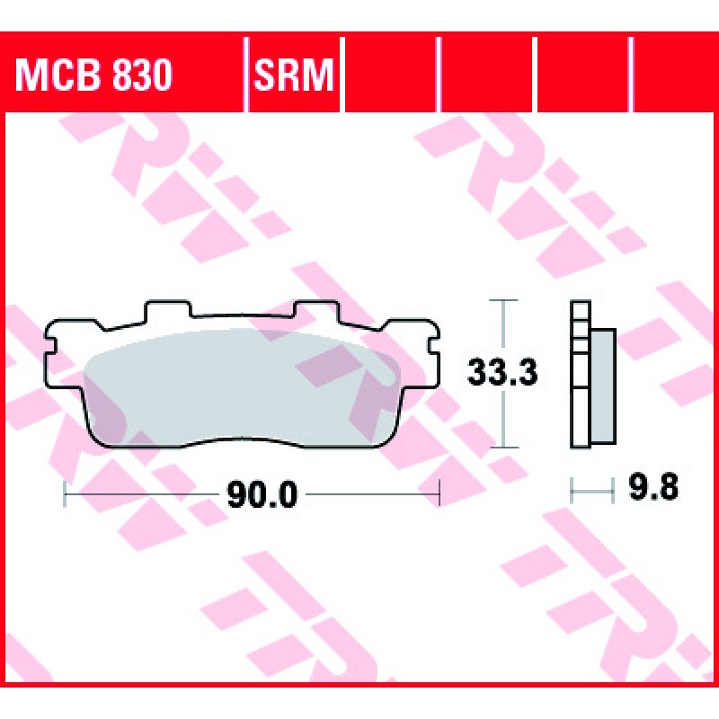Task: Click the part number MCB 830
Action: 93,75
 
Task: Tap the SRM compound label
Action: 293,75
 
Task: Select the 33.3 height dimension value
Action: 502,372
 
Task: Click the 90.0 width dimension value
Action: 262,495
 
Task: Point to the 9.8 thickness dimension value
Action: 653,487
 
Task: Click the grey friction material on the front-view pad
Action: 242,387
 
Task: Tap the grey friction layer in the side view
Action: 603,386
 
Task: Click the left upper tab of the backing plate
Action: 167,309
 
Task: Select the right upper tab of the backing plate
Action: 316,309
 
